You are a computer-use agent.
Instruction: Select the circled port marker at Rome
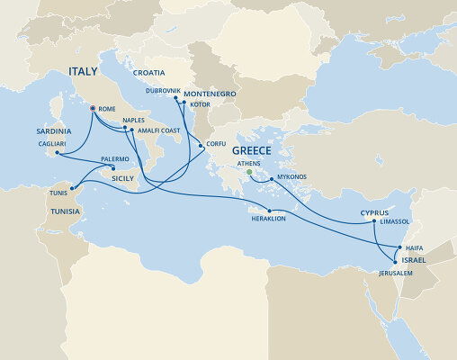93,109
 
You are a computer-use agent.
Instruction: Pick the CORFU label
216,143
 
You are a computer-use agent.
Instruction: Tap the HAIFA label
415,246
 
